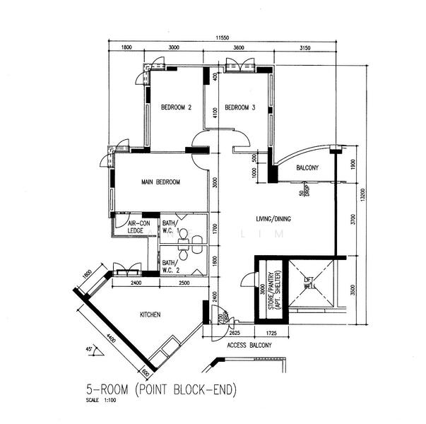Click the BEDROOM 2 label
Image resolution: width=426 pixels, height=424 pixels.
176,108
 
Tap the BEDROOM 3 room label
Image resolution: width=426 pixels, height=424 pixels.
239,108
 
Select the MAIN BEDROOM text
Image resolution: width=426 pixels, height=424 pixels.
160,182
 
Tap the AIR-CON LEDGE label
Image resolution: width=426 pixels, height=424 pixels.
136,226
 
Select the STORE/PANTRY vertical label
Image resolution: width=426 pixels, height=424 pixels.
268,291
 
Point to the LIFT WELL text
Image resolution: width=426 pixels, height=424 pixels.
308,283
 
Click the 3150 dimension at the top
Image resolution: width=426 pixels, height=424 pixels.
306,47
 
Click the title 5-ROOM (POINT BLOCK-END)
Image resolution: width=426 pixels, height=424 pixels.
160,389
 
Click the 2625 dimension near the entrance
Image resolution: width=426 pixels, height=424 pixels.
235,331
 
